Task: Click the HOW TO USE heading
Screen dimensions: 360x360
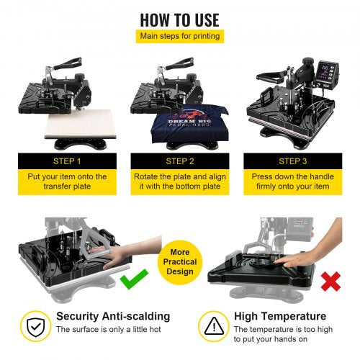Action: pyautogui.click(x=179, y=19)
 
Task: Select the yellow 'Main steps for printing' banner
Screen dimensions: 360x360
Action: pyautogui.click(x=179, y=36)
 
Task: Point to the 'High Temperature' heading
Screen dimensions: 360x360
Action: pyautogui.click(x=280, y=316)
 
